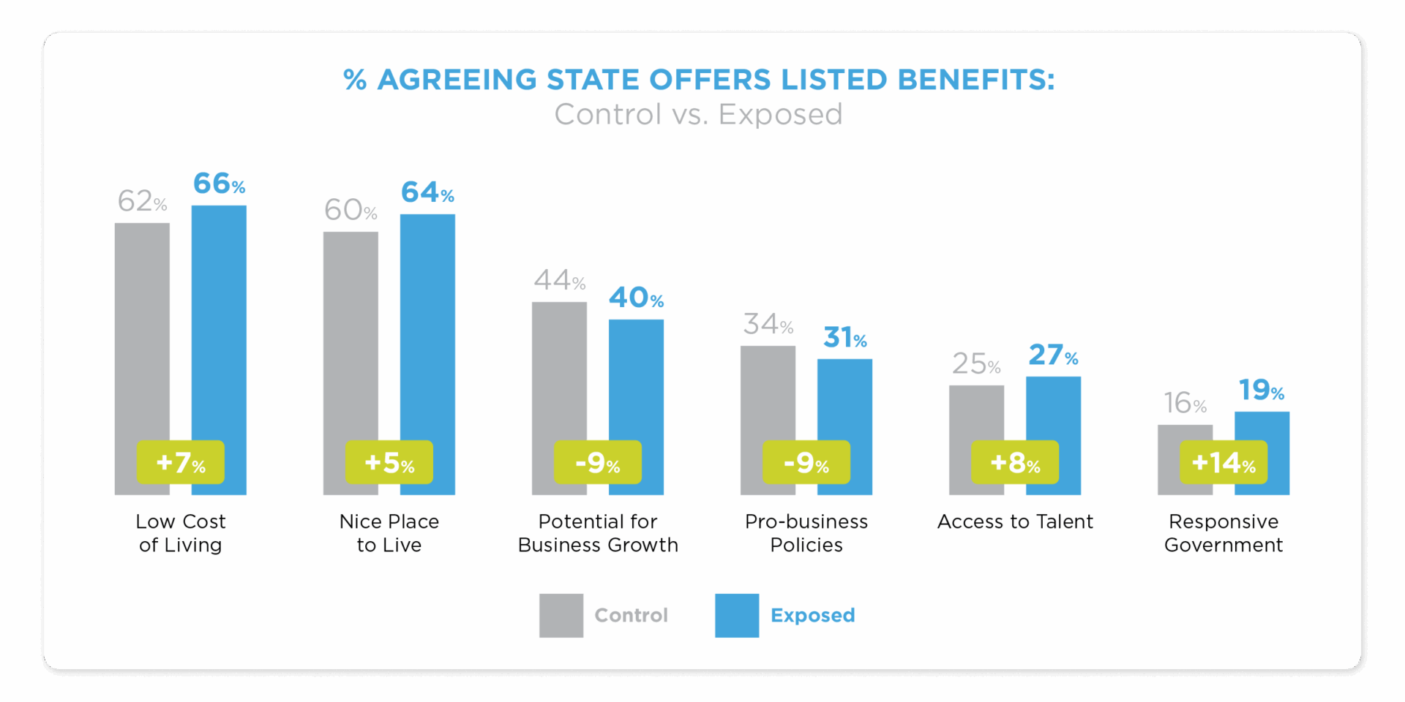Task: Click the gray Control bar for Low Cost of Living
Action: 142,329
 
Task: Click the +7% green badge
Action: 180,462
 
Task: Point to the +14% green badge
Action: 1224,462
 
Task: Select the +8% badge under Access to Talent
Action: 1015,462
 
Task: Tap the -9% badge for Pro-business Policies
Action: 806,462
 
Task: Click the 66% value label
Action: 219,184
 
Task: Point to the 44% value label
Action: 559,280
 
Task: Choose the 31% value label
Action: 844,337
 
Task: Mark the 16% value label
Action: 1185,403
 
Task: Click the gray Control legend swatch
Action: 561,616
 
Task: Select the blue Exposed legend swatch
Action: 737,616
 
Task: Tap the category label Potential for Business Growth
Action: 598,533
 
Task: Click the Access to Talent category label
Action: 1015,521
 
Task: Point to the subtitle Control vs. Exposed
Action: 698,115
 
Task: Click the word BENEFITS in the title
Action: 975,80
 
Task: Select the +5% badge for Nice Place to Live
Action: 389,462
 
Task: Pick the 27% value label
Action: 1053,355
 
